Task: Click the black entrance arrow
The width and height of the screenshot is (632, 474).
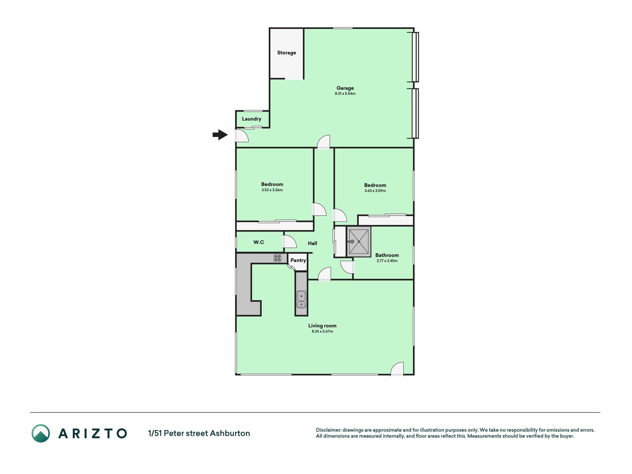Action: pos(220,135)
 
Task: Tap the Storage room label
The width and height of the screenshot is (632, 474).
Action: pos(287,53)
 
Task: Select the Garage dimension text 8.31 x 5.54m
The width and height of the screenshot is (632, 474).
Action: pos(345,94)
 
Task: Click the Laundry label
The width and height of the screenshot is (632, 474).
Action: pos(252,119)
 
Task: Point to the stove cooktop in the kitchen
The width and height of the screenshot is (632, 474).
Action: pos(278,258)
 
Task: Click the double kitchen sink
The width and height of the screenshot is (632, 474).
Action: pos(301,300)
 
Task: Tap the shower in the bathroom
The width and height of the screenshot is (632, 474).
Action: pos(359,241)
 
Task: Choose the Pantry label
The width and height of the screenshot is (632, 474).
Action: pos(298,260)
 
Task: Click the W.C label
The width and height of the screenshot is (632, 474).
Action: pos(259,242)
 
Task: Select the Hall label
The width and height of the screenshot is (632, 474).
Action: pos(312,243)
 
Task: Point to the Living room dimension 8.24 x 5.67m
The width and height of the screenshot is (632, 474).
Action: pos(322,331)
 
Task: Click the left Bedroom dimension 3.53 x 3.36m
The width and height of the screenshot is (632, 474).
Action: pos(272,190)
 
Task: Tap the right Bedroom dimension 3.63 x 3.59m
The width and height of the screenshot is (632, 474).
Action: pos(375,191)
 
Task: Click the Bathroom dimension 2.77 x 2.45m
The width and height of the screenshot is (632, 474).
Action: pos(387,261)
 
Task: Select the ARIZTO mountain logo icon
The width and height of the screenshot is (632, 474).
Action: pos(40,433)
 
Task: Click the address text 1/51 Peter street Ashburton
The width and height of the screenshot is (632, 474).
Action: pos(199,433)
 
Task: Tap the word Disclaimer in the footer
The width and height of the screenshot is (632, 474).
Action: pos(328,430)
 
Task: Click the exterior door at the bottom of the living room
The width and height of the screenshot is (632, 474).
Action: pos(397,369)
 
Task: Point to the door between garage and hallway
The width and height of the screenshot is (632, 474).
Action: pos(323,142)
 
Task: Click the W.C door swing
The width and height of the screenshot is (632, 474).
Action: pos(290,241)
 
